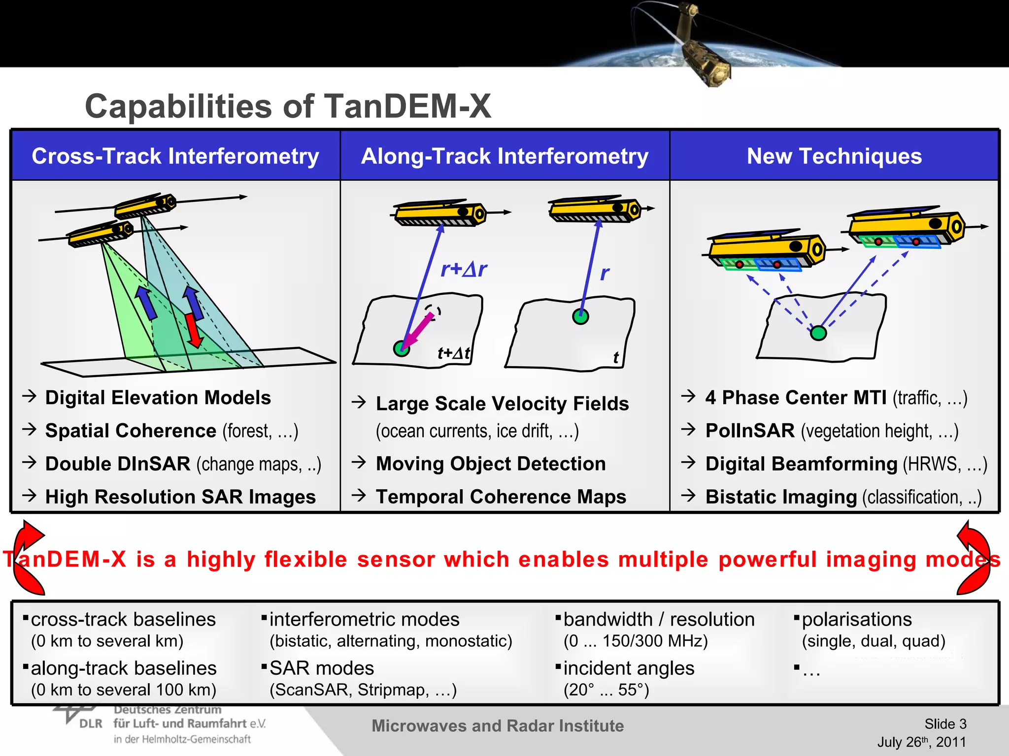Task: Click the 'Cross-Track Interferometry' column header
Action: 175,156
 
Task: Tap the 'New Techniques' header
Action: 834,156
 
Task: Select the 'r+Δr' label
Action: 463,269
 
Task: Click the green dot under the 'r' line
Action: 580,316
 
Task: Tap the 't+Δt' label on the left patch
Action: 454,353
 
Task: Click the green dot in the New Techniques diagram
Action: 818,333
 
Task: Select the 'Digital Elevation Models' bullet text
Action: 158,398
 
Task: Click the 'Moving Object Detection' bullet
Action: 490,464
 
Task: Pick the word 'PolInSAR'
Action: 749,431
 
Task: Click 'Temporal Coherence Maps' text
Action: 501,497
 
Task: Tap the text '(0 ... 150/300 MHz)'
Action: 635,641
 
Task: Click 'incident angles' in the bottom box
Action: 629,668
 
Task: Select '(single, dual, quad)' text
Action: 873,641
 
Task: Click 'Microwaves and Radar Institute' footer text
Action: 497,726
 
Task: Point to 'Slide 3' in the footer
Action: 945,724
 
